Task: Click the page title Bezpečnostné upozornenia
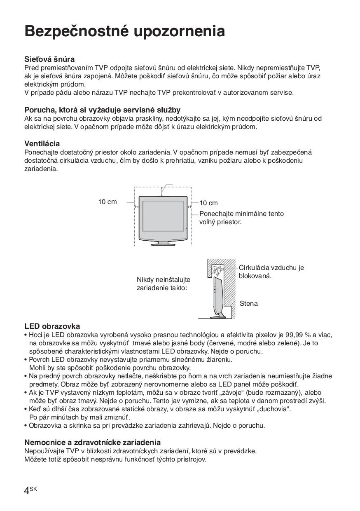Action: point(124,31)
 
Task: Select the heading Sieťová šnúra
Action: point(49,59)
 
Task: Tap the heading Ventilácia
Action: point(42,144)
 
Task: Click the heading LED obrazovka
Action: point(52,326)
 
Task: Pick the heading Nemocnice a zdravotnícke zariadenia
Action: point(92,443)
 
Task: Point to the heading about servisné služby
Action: point(102,110)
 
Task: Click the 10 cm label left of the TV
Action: point(108,202)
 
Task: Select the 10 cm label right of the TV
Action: point(209,203)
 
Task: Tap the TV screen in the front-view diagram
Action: point(163,216)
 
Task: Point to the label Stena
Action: point(249,304)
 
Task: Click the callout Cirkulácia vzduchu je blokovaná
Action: point(271,272)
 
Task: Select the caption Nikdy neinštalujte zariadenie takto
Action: point(163,284)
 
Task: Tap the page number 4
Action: point(27,490)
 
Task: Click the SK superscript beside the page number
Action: point(34,488)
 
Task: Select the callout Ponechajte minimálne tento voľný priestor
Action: point(241,218)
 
